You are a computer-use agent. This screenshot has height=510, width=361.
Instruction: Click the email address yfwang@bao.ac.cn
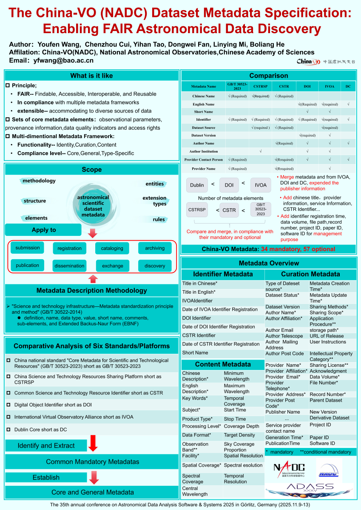click(63, 60)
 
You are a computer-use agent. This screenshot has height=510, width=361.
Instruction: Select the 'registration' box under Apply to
click(69, 248)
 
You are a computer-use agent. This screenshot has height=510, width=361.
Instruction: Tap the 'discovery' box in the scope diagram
click(155, 266)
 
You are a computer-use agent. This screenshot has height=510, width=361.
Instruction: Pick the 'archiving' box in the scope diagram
click(155, 248)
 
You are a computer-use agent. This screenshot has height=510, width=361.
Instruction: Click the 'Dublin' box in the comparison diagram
click(197, 185)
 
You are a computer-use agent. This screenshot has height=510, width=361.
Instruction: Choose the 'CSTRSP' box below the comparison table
click(197, 210)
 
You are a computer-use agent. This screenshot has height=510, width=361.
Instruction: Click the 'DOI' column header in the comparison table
click(307, 86)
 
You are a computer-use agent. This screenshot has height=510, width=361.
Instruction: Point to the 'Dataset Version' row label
click(203, 135)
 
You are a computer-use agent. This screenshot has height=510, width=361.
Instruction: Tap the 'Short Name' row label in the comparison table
click(203, 112)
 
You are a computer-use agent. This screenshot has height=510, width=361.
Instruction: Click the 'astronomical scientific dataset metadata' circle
click(93, 206)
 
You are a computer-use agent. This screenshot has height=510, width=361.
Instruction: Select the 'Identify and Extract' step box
click(46, 445)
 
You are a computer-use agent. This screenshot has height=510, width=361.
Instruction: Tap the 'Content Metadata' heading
click(222, 364)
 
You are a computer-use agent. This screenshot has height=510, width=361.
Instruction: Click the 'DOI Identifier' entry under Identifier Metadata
click(196, 318)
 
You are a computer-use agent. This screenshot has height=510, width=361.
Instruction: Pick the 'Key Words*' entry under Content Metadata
click(195, 398)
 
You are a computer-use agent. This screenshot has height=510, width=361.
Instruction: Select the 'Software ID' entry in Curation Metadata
click(322, 443)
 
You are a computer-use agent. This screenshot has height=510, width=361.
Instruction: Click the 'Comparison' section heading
click(268, 76)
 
